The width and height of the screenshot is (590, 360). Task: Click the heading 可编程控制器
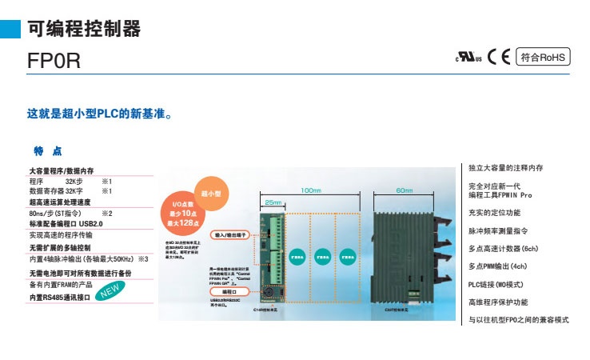pos(84,30)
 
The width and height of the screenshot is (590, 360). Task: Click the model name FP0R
pos(54,62)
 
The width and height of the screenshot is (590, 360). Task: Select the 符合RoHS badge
pos(541,57)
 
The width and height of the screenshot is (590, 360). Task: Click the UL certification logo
pos(468,58)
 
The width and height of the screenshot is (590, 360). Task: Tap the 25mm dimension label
pos(273,202)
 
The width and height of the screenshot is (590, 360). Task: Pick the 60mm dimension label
pos(405,190)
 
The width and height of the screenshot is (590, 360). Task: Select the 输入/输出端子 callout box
pos(229,235)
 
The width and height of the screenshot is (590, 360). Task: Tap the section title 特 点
pos(47,151)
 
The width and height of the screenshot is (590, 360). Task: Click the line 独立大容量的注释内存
pos(505,168)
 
